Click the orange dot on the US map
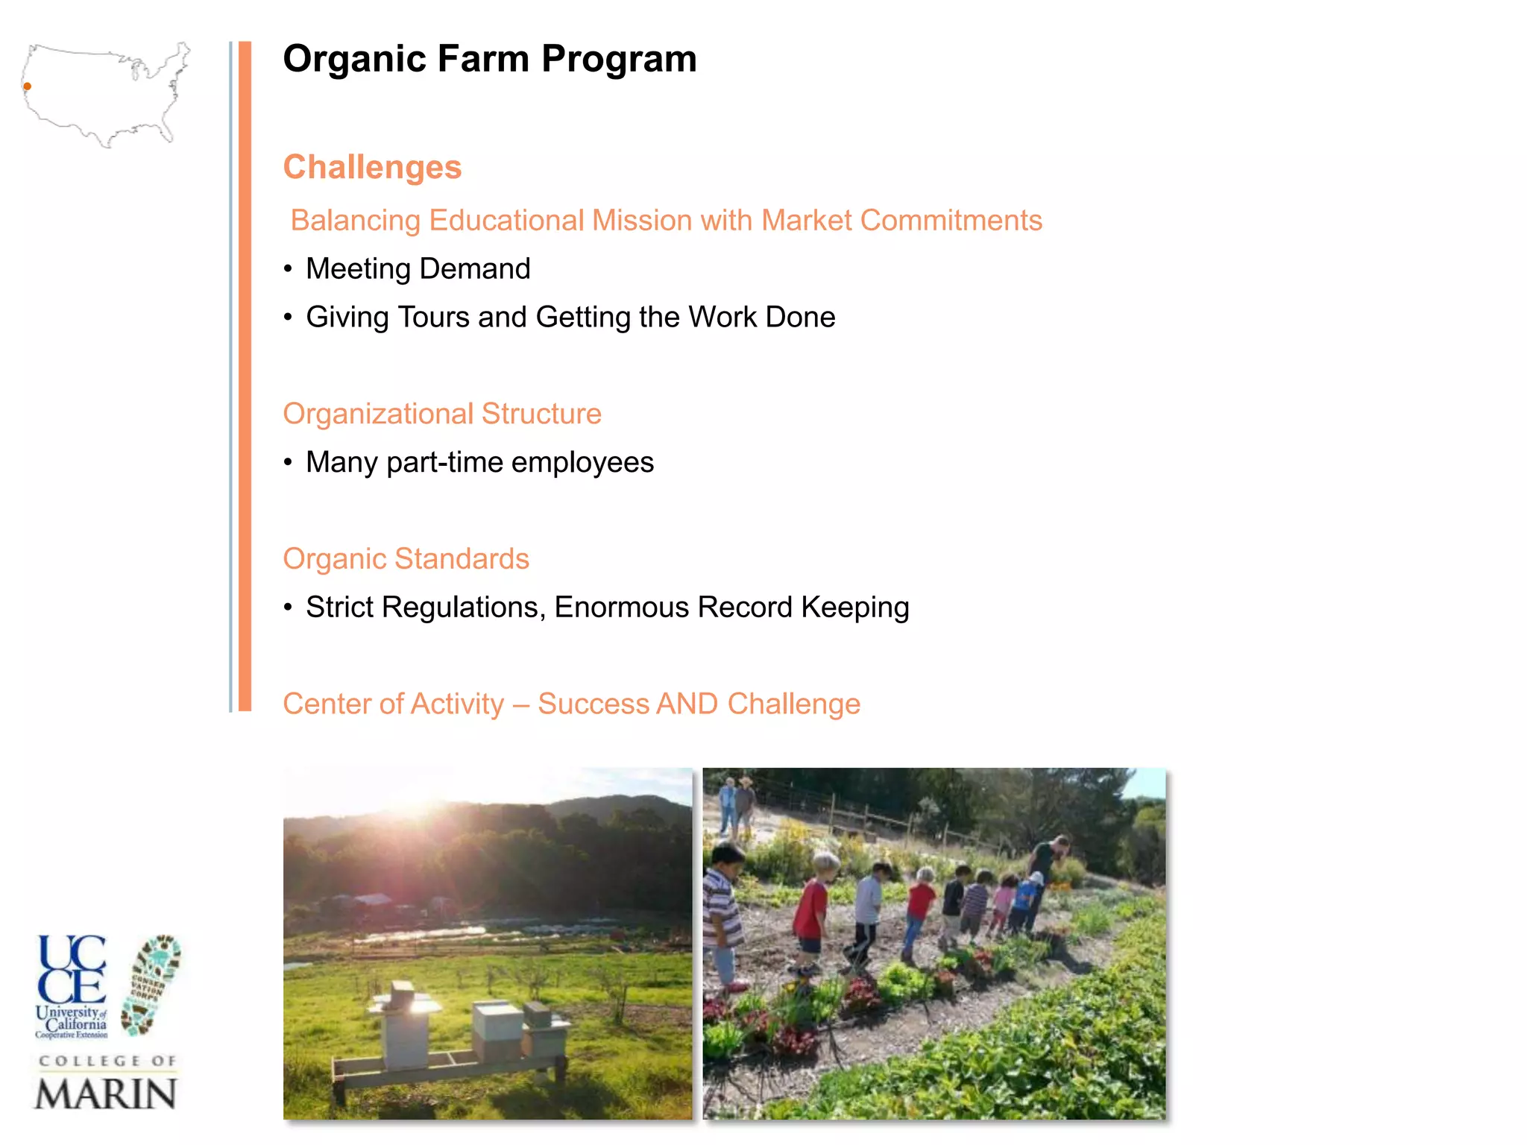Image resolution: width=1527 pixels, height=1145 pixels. (28, 86)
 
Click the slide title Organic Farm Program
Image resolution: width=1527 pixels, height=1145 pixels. (490, 59)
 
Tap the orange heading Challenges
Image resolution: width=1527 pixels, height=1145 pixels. (372, 167)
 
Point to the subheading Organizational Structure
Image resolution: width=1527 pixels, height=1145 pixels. (442, 414)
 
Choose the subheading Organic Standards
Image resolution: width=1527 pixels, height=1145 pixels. (406, 559)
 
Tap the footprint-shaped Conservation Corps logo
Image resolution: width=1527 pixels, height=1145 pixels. (153, 984)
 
